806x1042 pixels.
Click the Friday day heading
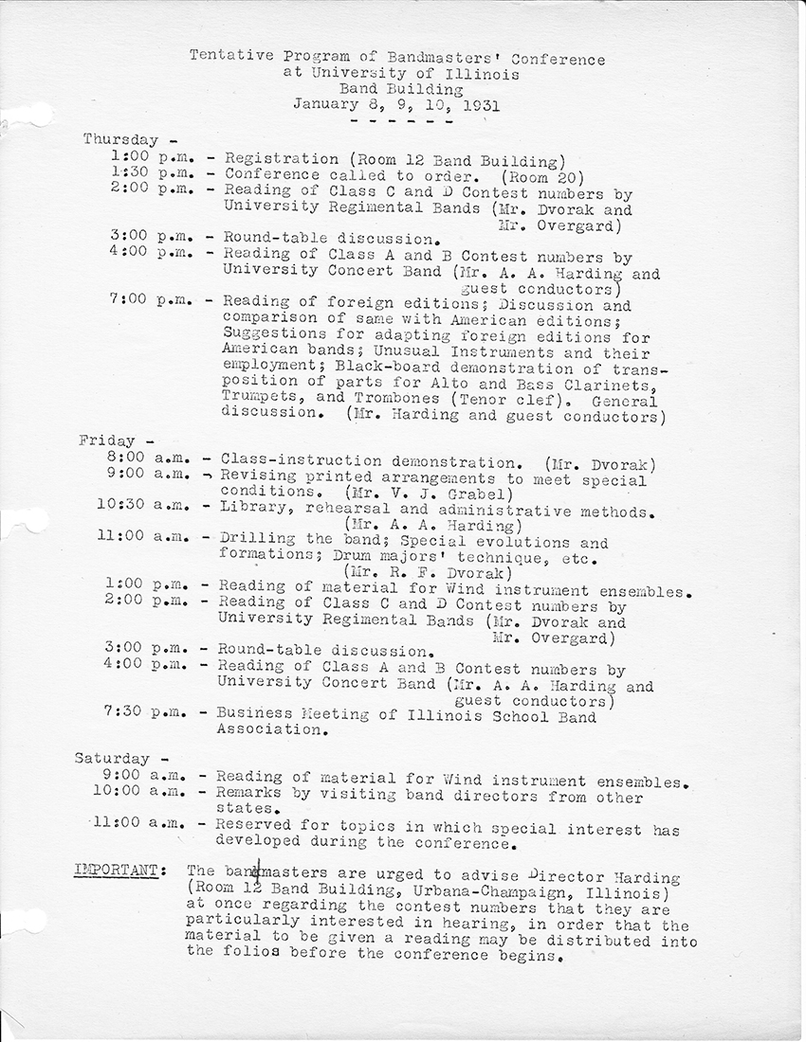click(106, 440)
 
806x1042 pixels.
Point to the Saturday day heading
click(113, 758)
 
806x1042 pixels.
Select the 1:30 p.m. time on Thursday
click(152, 174)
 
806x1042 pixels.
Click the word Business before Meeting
click(254, 716)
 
